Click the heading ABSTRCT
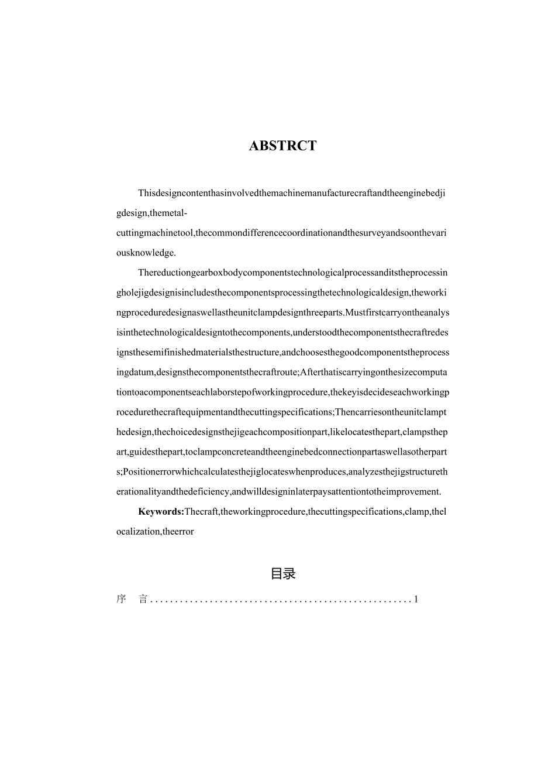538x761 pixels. [282, 146]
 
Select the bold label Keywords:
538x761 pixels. [161, 512]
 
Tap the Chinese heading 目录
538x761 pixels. [283, 574]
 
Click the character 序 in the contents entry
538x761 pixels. [121, 600]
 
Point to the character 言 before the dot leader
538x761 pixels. [143, 600]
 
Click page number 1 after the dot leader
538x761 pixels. [416, 600]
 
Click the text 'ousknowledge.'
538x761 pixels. [146, 253]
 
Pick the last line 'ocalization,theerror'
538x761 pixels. [155, 532]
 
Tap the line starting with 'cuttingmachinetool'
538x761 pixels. [282, 233]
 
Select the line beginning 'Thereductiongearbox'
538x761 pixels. [293, 273]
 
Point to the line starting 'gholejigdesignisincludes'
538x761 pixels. [282, 292]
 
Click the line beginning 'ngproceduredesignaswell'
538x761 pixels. [282, 312]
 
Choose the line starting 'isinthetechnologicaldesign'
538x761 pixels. [282, 332]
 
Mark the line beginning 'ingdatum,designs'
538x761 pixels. [282, 372]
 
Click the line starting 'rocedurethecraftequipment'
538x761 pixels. [281, 412]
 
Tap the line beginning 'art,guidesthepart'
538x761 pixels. [282, 452]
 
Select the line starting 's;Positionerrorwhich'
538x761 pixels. [282, 472]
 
